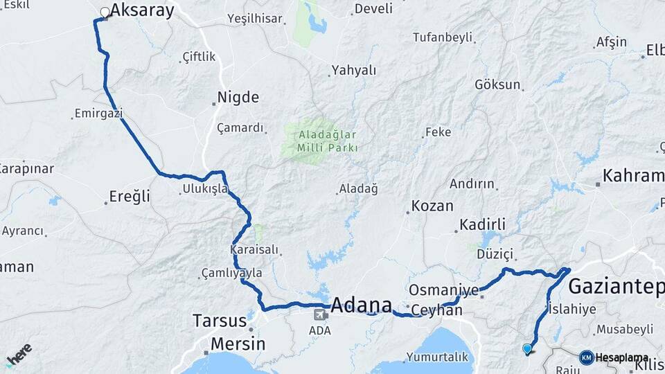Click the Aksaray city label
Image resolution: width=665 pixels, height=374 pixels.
coord(142,10)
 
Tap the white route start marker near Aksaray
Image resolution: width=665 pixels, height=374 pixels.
coord(105,12)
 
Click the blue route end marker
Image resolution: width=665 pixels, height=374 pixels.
coord(528,349)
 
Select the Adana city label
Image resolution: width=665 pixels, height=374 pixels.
coord(361,305)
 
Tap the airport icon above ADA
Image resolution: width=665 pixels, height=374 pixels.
coord(320,315)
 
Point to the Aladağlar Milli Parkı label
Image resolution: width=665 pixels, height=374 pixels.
coord(328,141)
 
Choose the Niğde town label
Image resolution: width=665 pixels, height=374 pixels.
coord(238,98)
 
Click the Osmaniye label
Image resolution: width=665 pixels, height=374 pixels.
coord(444,290)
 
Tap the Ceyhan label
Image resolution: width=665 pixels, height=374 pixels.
coord(436,311)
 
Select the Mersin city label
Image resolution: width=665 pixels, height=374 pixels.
coord(238,344)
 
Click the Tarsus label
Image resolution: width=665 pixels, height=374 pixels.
coord(220,321)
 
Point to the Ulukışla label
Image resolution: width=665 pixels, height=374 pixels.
coord(205,188)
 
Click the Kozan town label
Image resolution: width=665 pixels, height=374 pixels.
coord(432,206)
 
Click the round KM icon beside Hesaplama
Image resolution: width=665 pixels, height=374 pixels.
coord(586,357)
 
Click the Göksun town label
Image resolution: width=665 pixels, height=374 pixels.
coord(497,84)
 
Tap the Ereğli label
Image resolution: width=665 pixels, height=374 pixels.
coord(130,197)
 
